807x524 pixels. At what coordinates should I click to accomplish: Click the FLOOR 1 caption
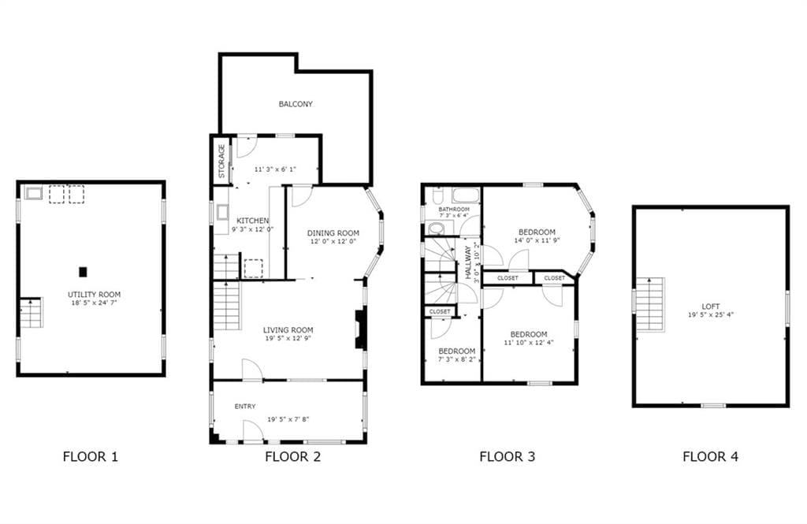91,456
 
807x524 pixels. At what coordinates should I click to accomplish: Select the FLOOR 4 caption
710,456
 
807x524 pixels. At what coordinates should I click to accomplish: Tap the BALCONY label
296,104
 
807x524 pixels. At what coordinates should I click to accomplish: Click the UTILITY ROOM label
94,294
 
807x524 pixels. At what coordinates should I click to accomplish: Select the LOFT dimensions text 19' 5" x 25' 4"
710,314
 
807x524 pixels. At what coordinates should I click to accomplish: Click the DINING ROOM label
333,233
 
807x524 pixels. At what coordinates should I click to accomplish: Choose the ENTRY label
245,407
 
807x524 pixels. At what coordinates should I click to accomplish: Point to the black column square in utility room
83,272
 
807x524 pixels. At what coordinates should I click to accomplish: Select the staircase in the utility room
29,313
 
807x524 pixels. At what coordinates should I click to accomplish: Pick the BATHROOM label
454,210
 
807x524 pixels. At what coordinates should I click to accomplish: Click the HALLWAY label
468,262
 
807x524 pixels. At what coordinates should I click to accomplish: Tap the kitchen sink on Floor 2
223,212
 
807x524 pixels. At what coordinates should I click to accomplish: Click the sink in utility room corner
34,193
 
